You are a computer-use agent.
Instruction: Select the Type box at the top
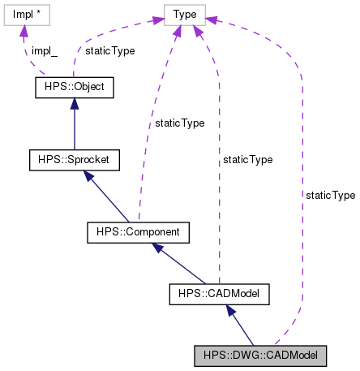coord(185,14)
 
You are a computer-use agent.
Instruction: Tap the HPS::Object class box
coord(75,85)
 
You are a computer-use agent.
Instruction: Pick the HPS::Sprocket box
coord(75,159)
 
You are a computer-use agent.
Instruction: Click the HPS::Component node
coord(138,233)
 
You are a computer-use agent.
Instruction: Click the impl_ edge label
coord(44,50)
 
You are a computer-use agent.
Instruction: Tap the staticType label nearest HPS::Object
coord(109,50)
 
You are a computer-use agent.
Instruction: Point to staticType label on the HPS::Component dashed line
coord(174,123)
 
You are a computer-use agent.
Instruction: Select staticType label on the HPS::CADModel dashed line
coord(247,160)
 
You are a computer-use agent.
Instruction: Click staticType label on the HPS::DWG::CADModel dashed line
coord(330,196)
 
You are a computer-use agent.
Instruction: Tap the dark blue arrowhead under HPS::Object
coord(75,103)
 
